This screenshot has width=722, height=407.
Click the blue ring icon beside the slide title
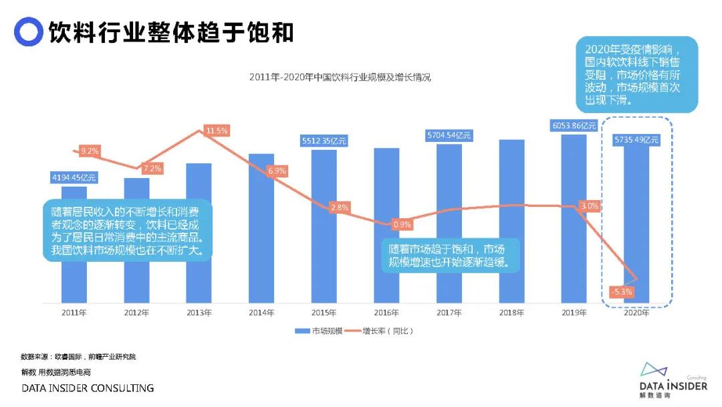tap(29, 32)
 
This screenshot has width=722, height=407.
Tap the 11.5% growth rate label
tap(217, 131)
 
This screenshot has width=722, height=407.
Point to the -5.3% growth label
tap(621, 292)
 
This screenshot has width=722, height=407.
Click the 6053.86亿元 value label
tap(574, 125)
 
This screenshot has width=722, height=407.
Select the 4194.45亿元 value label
tap(74, 177)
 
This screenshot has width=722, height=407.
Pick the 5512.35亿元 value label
tap(324, 141)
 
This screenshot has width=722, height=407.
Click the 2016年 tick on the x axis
tap(386, 313)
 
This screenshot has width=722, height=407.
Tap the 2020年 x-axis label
tap(636, 313)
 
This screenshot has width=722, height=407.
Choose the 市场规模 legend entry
tap(320, 331)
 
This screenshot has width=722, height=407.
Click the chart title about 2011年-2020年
tap(340, 78)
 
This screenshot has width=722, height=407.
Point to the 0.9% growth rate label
tap(402, 224)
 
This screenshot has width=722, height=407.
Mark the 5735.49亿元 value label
tap(636, 140)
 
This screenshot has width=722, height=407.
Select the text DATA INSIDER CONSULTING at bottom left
tap(88, 388)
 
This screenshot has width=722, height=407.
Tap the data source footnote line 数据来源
tap(78, 357)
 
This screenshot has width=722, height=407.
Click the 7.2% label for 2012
tap(152, 169)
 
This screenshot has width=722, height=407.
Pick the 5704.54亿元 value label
tap(449, 135)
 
